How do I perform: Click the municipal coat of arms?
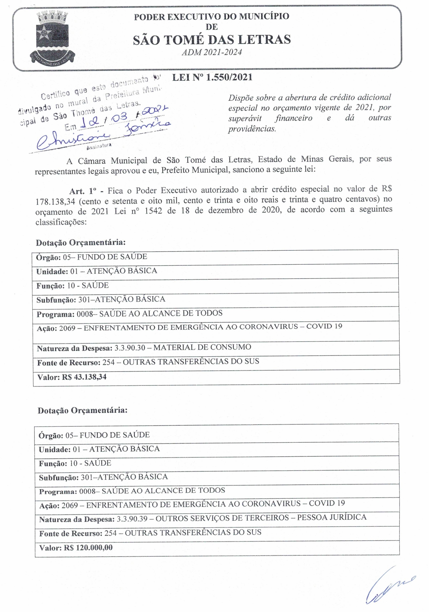point(52,37)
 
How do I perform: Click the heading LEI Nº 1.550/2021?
point(212,78)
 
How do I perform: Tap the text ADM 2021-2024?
point(212,52)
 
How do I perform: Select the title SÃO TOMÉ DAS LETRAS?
point(212,40)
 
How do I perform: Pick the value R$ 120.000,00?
point(88,548)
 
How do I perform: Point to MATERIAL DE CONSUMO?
point(202,347)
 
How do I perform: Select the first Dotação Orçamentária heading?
point(80,243)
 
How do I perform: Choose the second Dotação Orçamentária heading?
point(83,410)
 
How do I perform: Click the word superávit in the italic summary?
point(245,118)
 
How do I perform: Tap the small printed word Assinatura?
point(99,146)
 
